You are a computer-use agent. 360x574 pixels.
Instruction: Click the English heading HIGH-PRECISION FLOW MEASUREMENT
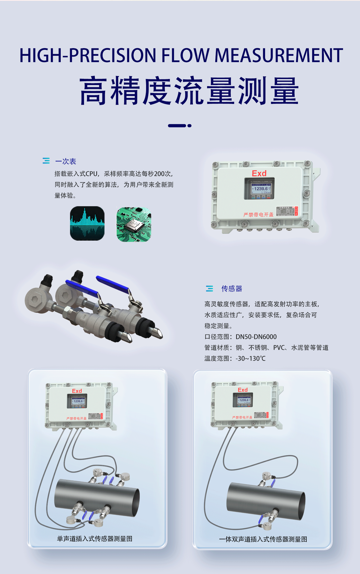click(181, 56)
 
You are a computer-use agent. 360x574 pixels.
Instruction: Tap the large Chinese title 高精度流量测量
click(189, 91)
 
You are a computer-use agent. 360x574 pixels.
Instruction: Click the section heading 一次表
click(66, 161)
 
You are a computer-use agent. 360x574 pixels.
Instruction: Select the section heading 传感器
click(232, 289)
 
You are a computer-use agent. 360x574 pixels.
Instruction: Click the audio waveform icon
click(87, 223)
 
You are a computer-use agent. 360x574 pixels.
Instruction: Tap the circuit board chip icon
click(134, 224)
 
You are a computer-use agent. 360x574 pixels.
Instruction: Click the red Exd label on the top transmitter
click(259, 173)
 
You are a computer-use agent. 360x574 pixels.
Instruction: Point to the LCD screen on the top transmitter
click(259, 189)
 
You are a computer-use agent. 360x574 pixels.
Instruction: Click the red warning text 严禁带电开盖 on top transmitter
click(258, 215)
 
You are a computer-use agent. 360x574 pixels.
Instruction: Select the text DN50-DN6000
click(256, 337)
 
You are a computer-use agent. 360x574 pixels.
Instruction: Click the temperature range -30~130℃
click(250, 359)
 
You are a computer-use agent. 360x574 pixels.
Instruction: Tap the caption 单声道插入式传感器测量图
click(95, 539)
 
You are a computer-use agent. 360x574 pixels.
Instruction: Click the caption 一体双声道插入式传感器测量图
click(263, 539)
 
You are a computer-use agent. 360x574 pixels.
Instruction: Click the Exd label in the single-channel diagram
click(77, 391)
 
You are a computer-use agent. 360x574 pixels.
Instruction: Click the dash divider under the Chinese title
click(179, 126)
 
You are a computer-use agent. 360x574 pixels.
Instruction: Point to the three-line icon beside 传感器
click(210, 289)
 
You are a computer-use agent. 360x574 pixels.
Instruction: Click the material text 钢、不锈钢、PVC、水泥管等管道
click(282, 348)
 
